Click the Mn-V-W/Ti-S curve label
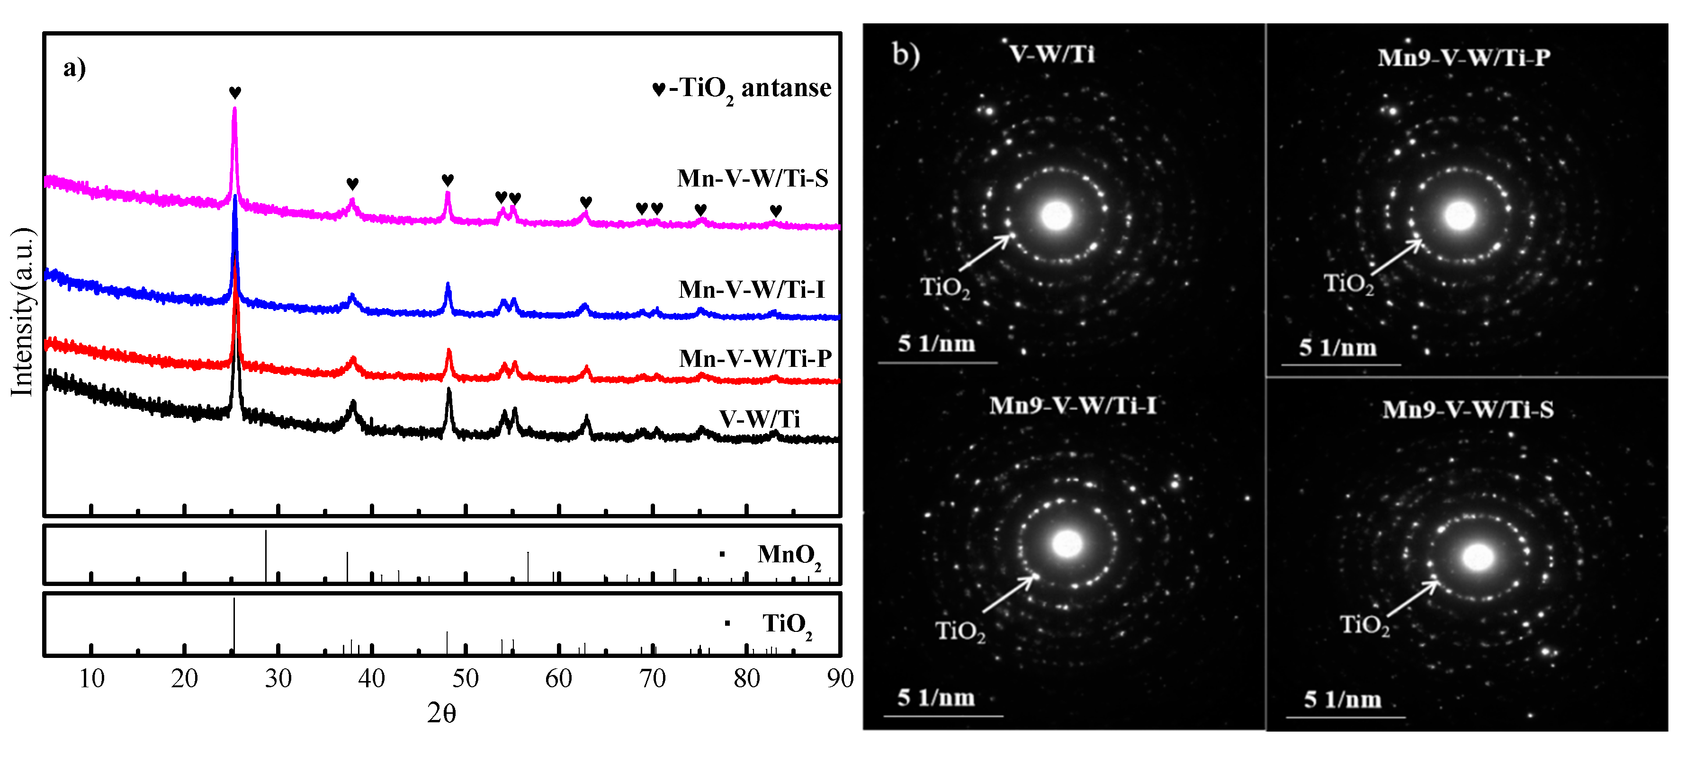point(752,178)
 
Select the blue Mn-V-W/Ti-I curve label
point(752,289)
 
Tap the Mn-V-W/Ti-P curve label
point(755,358)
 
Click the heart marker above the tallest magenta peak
point(235,93)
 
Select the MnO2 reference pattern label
point(788,554)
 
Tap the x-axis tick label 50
point(465,678)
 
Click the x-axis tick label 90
point(840,678)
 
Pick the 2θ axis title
point(441,713)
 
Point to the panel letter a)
point(74,68)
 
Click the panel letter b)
point(906,54)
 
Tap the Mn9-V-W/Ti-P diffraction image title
point(1464,58)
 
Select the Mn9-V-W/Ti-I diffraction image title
point(1073,405)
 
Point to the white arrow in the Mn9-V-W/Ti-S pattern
point(1413,598)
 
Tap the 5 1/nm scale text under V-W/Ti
point(936,343)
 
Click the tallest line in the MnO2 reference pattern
point(266,556)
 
